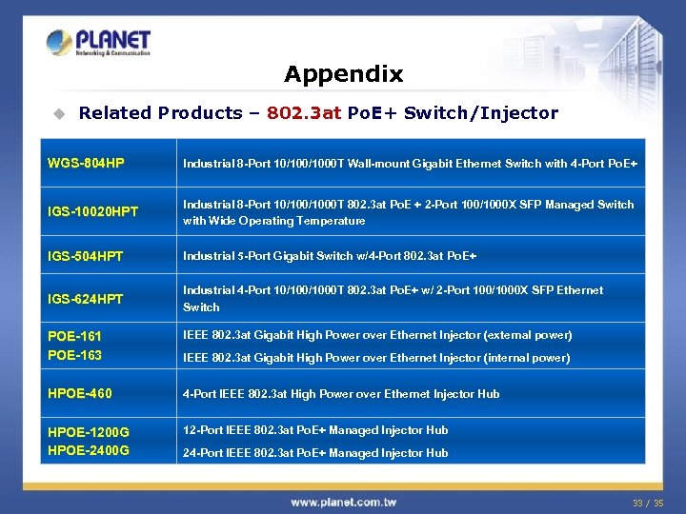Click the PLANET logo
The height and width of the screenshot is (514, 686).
click(x=99, y=42)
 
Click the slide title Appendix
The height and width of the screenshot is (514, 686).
click(x=343, y=73)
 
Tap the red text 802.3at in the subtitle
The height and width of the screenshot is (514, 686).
click(x=304, y=112)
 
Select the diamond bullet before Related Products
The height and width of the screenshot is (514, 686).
click(x=58, y=113)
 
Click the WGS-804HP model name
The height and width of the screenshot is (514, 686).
click(x=86, y=164)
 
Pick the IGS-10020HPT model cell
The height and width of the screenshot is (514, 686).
click(x=92, y=212)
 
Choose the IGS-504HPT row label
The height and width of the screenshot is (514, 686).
click(x=86, y=256)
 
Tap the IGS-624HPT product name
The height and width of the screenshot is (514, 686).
click(x=86, y=299)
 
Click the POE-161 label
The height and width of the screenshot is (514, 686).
click(x=74, y=336)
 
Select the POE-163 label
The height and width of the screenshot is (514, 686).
click(x=74, y=355)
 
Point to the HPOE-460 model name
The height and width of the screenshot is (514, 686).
click(x=79, y=393)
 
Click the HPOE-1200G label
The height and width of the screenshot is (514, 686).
click(x=89, y=432)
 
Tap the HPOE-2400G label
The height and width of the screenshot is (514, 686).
click(x=89, y=450)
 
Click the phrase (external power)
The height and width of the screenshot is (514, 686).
click(x=528, y=335)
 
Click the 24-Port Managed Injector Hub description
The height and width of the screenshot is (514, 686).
click(x=315, y=453)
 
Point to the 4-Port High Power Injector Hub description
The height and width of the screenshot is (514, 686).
click(x=341, y=394)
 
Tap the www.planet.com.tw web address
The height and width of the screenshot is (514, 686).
click(x=343, y=502)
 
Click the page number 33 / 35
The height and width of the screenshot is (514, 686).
click(x=647, y=503)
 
